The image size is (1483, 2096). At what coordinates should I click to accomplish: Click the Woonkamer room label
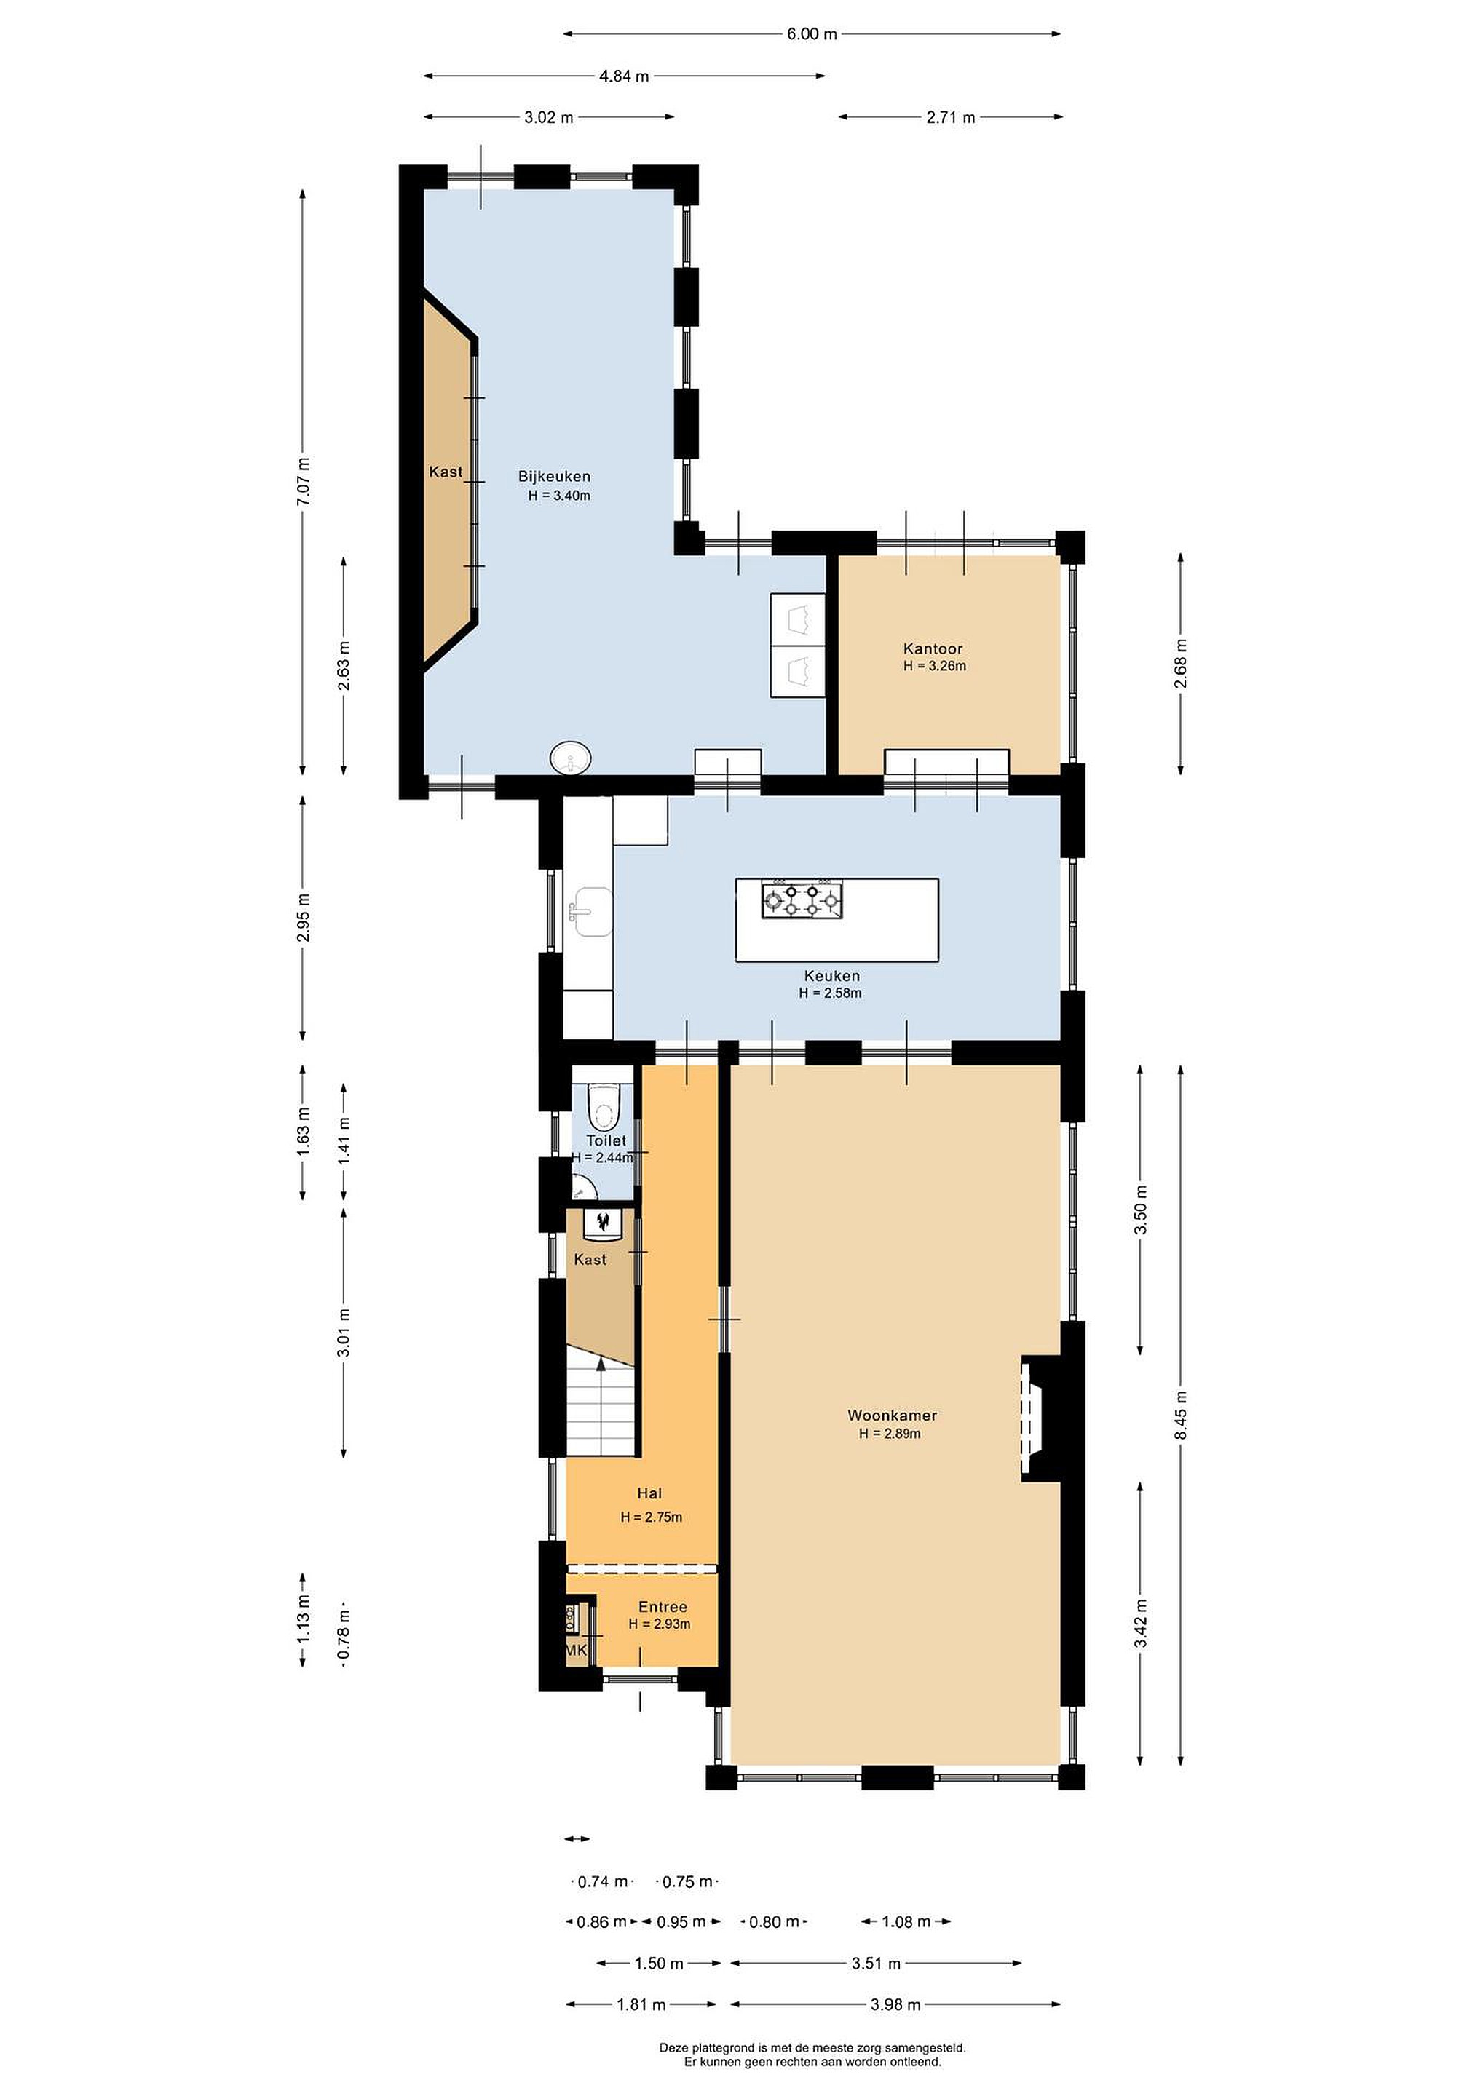pyautogui.click(x=892, y=1416)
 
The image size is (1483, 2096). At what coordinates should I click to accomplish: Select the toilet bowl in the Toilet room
pyautogui.click(x=603, y=1105)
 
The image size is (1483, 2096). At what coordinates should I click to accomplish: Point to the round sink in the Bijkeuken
pyautogui.click(x=571, y=757)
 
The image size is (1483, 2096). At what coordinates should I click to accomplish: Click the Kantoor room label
pyautogui.click(x=933, y=649)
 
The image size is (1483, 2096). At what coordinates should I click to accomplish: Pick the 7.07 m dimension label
pyautogui.click(x=304, y=480)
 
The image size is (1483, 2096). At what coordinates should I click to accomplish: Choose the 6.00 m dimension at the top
pyautogui.click(x=812, y=35)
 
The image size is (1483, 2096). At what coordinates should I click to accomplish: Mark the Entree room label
pyautogui.click(x=663, y=1608)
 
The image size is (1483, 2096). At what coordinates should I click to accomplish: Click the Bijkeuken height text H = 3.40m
pyautogui.click(x=559, y=496)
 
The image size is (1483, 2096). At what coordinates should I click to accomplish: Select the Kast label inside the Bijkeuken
pyautogui.click(x=446, y=472)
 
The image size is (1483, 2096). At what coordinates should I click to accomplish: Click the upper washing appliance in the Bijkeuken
pyautogui.click(x=797, y=619)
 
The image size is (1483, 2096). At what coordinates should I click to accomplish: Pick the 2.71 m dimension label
pyautogui.click(x=951, y=117)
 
